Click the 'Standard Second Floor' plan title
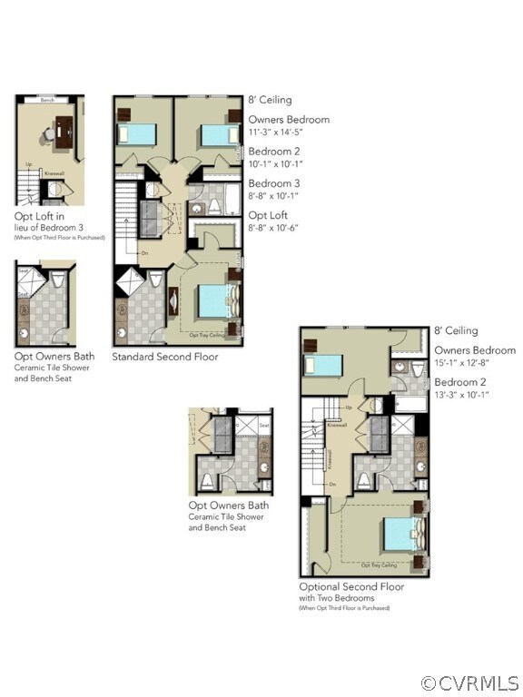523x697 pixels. (x=164, y=357)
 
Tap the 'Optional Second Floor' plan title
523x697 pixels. (x=351, y=586)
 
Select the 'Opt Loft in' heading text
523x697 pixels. (x=39, y=217)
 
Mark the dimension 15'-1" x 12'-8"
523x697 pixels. (x=471, y=364)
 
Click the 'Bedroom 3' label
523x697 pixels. (x=274, y=183)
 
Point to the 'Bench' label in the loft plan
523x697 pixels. (x=47, y=100)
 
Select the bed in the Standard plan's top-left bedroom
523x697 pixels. (x=137, y=134)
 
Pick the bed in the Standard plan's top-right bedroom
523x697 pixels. (x=219, y=135)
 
